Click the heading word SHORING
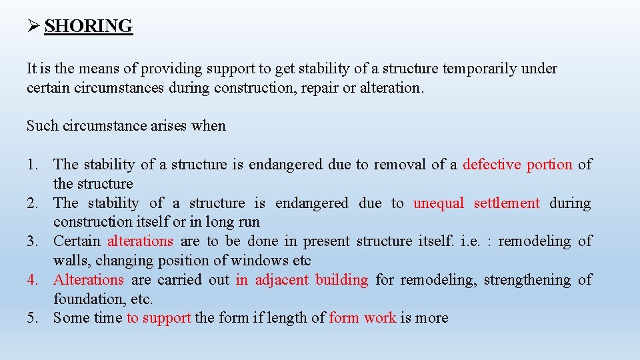click(89, 26)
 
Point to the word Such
click(42, 125)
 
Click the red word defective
click(491, 164)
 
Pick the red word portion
click(549, 164)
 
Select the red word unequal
click(439, 203)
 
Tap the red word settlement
click(507, 203)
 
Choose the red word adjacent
click(282, 279)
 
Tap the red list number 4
click(33, 279)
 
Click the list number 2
click(33, 203)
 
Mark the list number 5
click(33, 318)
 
